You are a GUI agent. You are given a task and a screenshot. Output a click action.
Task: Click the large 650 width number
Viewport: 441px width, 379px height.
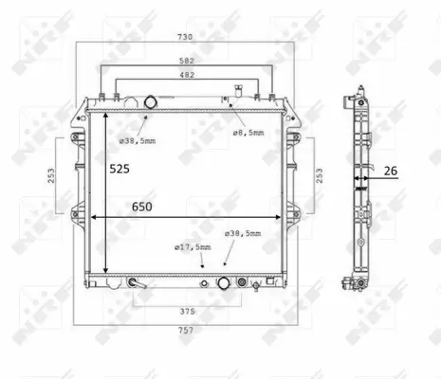point(142,207)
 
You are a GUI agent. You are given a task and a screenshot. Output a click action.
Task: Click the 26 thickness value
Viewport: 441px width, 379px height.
point(390,171)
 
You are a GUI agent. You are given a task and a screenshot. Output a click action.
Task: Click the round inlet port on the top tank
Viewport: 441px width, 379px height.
point(151,102)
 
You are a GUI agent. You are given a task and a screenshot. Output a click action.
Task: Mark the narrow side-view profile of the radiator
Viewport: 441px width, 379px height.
point(358,189)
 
